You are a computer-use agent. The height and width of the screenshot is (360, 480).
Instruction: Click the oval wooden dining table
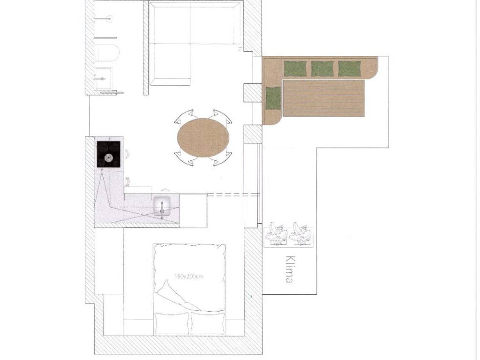pyautogui.click(x=203, y=138)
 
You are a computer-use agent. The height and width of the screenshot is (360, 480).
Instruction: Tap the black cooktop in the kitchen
pyautogui.click(x=109, y=154)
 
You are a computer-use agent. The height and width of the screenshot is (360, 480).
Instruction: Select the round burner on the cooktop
pyautogui.click(x=109, y=157)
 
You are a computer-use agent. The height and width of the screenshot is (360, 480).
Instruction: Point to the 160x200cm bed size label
pyautogui.click(x=188, y=276)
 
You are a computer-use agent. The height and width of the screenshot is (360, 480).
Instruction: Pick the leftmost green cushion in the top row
pyautogui.click(x=295, y=69)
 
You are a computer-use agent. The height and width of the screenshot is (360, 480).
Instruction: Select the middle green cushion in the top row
pyautogui.click(x=322, y=69)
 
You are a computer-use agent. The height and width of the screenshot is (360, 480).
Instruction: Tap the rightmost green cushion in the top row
pyautogui.click(x=350, y=69)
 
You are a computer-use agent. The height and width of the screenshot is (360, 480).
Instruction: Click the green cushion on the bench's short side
pyautogui.click(x=273, y=98)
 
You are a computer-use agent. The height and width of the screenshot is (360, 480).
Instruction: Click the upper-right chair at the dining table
pyautogui.click(x=221, y=117)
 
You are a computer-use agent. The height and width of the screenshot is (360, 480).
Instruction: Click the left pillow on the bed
pyautogui.click(x=172, y=323)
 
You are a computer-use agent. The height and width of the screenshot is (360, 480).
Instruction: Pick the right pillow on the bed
pyautogui.click(x=208, y=323)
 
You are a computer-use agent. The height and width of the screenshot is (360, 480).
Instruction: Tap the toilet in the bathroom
pyautogui.click(x=106, y=52)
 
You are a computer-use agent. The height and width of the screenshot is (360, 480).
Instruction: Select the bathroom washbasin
pyautogui.click(x=103, y=79)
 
